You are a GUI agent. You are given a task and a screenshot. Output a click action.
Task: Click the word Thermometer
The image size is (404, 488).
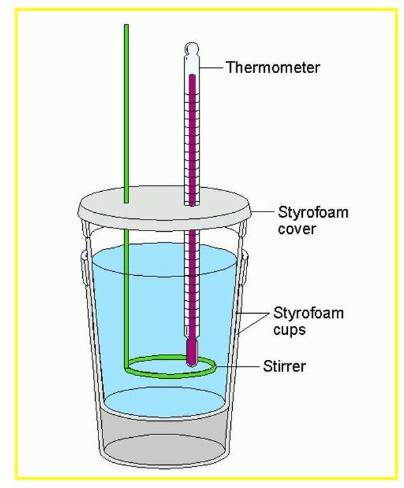pos(273,68)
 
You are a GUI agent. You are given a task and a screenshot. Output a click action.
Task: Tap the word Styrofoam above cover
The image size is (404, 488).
pos(312,213)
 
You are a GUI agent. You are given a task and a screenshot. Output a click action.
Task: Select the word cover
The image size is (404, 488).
pos(297,229)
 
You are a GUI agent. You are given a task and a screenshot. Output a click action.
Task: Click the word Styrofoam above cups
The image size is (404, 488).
pos(308,312)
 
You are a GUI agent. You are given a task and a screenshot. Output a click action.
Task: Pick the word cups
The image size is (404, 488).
pos(289,330)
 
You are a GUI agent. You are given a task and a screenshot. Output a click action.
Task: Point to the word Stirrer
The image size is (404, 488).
pos(284,366)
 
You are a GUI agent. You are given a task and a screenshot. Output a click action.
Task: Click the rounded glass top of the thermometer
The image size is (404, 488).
pos(191,49)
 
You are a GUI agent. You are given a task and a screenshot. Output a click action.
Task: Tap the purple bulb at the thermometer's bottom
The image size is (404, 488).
pos(191,352)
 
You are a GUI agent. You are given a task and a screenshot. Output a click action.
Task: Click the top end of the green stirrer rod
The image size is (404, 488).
pos(126,25)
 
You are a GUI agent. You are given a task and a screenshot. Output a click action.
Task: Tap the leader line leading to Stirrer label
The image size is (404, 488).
pos(238,367)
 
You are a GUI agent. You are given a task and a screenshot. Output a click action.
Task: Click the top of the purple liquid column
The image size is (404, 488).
pos(192,75)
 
